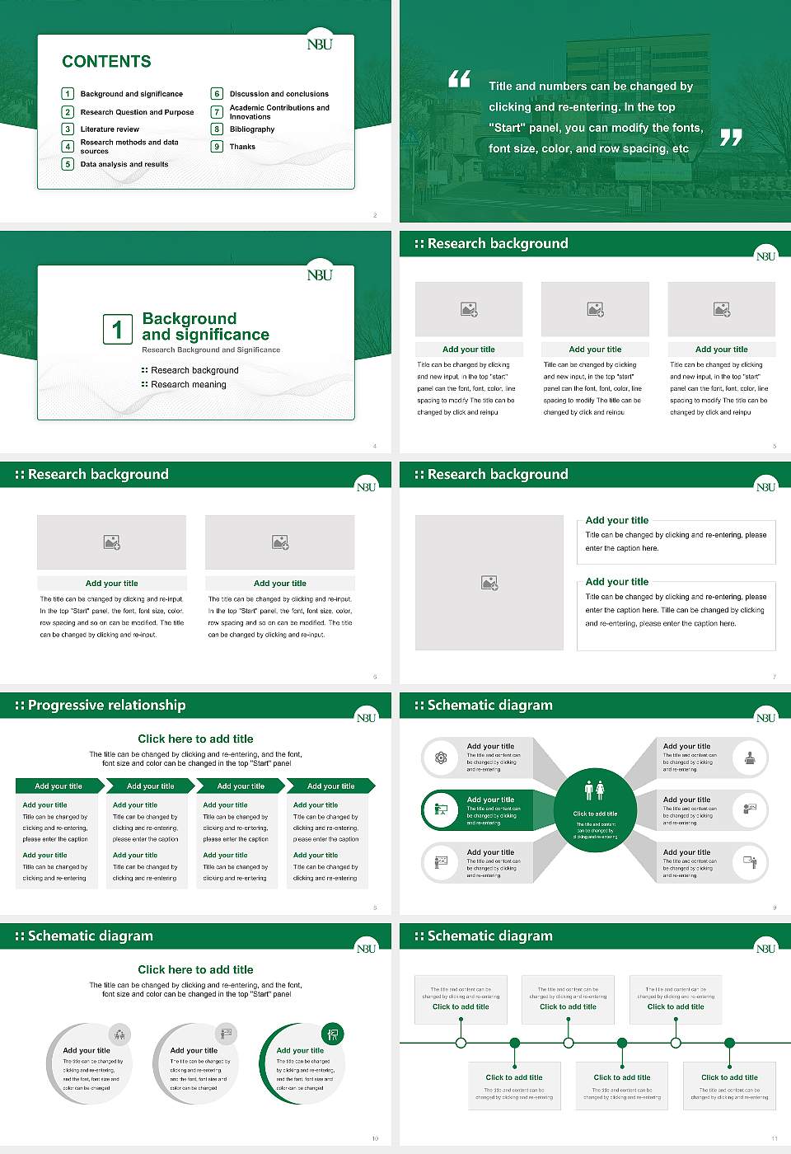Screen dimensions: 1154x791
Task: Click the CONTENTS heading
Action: point(106,62)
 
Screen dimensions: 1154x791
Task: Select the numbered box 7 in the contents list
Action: point(218,112)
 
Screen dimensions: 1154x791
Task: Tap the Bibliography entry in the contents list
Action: point(252,129)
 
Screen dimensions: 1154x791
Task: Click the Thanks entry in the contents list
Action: point(242,147)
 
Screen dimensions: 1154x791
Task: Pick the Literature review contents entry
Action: point(110,129)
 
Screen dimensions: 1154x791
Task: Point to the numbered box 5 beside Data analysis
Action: point(68,164)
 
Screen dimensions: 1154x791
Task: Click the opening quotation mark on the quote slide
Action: point(459,79)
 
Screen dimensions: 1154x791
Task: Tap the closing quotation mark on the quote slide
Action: point(731,138)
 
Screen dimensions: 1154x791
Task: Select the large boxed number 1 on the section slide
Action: point(117,329)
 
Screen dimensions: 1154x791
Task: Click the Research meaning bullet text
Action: point(188,385)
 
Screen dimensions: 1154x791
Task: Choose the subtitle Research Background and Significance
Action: point(211,350)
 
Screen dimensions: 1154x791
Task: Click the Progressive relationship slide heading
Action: point(106,706)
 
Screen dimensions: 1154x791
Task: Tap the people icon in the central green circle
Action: point(594,790)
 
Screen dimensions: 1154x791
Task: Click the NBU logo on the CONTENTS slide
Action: point(320,45)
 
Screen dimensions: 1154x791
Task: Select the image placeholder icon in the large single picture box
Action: point(489,583)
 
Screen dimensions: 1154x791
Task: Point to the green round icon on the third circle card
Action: point(332,1034)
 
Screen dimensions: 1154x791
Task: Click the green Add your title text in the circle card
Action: point(300,1051)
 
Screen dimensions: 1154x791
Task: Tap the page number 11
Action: point(774,1138)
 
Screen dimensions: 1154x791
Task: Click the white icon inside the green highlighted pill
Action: point(441,809)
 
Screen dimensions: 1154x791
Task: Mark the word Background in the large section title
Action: point(189,319)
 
